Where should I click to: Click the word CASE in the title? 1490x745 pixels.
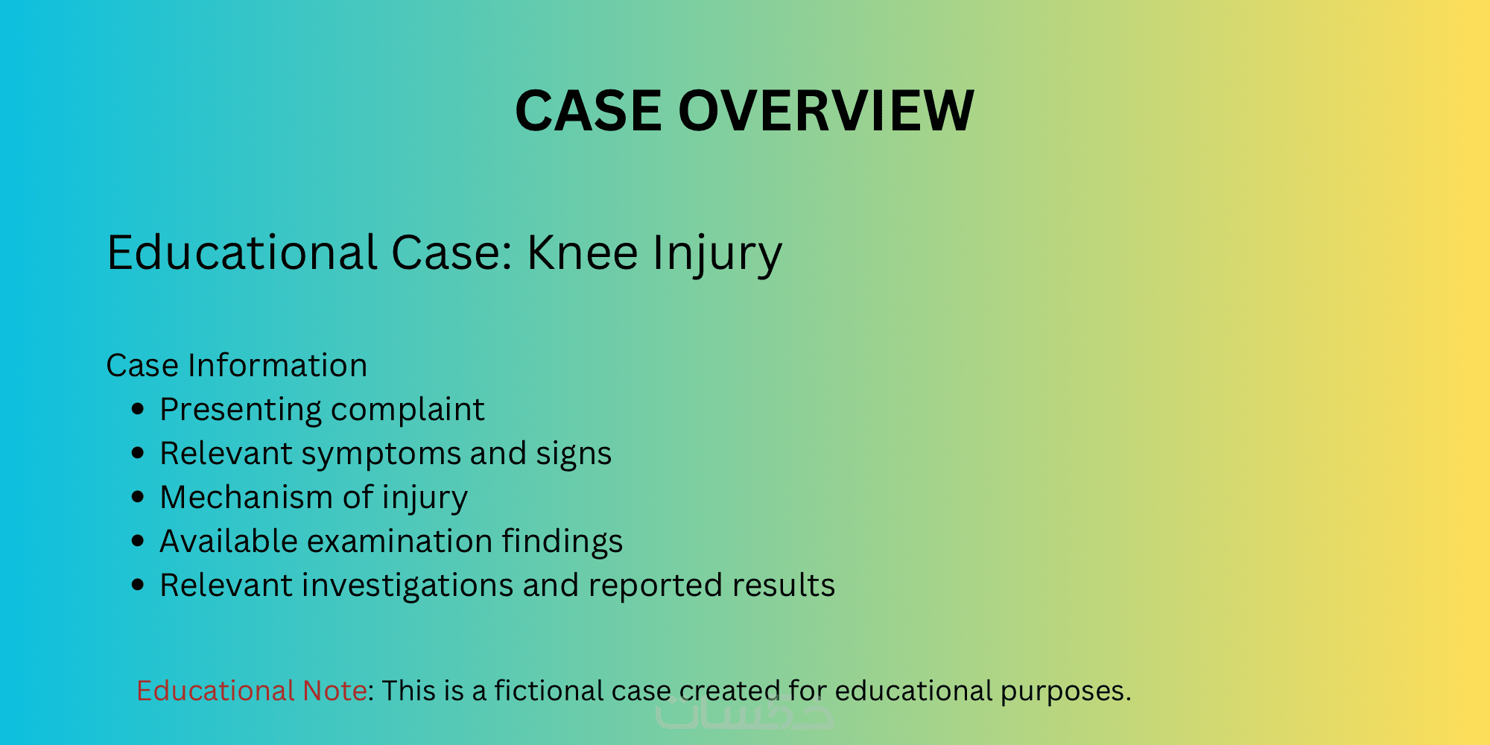[589, 110]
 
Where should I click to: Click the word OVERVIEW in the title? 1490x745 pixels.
[826, 110]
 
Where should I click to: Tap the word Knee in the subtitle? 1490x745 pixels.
[582, 253]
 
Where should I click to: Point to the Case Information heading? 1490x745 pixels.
[237, 366]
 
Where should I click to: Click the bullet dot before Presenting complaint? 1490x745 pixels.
[137, 409]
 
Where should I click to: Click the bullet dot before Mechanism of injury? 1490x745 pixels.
[137, 497]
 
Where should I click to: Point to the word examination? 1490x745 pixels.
[399, 542]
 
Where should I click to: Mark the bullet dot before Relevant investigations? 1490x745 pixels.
[137, 585]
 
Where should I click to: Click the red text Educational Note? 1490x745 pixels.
[251, 691]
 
